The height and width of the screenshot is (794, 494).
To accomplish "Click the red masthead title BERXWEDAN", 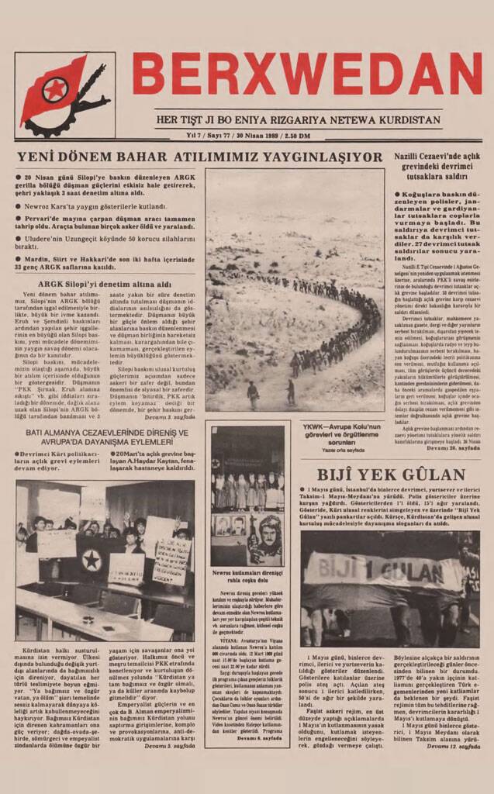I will coord(306,74).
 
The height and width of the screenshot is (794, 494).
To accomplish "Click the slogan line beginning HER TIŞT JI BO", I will coord(299,121).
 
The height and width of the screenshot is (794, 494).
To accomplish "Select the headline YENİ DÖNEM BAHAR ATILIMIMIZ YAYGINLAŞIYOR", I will coord(199,157).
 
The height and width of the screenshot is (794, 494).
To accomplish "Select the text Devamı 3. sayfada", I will coord(169,418).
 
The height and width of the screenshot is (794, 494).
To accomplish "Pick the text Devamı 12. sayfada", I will coord(453,746).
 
